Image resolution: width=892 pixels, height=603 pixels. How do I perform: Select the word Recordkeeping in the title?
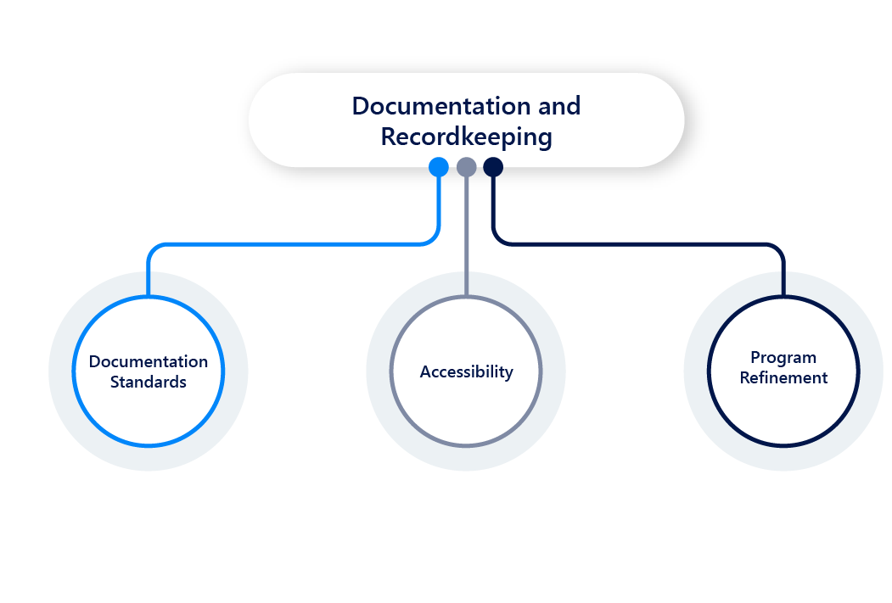(466, 137)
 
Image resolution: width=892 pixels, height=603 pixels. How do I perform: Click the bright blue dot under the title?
(438, 167)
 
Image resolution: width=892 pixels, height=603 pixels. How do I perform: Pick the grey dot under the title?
(466, 167)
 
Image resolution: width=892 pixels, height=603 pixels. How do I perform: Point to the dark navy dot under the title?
(493, 167)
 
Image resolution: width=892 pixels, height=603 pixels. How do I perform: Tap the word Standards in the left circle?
(149, 382)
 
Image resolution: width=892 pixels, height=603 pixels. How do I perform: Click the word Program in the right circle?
(783, 357)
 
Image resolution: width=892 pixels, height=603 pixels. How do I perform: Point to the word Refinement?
(783, 378)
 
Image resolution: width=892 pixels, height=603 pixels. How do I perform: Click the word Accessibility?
(466, 371)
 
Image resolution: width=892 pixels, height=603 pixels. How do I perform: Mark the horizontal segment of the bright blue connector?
(289, 244)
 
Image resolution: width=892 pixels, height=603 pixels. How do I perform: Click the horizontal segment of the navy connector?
(637, 244)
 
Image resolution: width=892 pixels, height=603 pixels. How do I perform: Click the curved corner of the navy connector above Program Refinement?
(778, 249)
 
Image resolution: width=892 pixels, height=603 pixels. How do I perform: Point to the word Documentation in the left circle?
(149, 361)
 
